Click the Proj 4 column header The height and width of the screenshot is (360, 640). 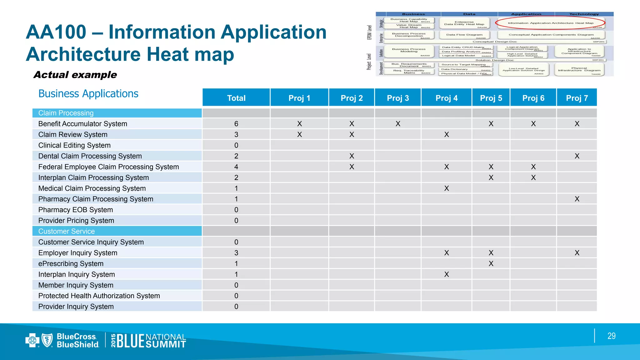pyautogui.click(x=446, y=98)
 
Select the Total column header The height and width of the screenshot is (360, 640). pyautogui.click(x=236, y=98)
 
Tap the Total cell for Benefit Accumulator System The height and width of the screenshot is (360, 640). pyautogui.click(x=236, y=124)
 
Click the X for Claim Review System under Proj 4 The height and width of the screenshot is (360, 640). pyautogui.click(x=446, y=134)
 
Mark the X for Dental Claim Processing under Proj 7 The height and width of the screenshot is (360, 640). pyautogui.click(x=577, y=156)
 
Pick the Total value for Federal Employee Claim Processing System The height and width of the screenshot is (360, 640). pyautogui.click(x=236, y=167)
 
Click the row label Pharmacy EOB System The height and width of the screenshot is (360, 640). pyautogui.click(x=76, y=210)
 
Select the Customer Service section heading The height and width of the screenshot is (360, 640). pyautogui.click(x=67, y=231)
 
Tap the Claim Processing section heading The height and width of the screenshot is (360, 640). pyautogui.click(x=66, y=113)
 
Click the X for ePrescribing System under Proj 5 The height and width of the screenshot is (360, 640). pyautogui.click(x=491, y=263)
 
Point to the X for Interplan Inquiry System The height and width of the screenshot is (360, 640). pyautogui.click(x=446, y=274)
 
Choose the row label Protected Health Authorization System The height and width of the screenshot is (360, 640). pyautogui.click(x=99, y=296)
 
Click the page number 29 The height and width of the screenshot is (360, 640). pyautogui.click(x=611, y=336)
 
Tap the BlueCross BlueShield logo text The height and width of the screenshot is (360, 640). pyautogui.click(x=77, y=340)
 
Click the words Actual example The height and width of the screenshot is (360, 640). pyautogui.click(x=75, y=75)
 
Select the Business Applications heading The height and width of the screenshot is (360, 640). pyautogui.click(x=88, y=94)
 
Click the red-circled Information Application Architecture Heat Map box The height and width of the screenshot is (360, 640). pyautogui.click(x=550, y=23)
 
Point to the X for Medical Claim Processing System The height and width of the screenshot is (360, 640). pyautogui.click(x=446, y=188)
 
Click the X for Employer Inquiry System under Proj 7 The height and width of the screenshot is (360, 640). pyautogui.click(x=577, y=253)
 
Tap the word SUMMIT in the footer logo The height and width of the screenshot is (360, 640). pyautogui.click(x=166, y=344)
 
